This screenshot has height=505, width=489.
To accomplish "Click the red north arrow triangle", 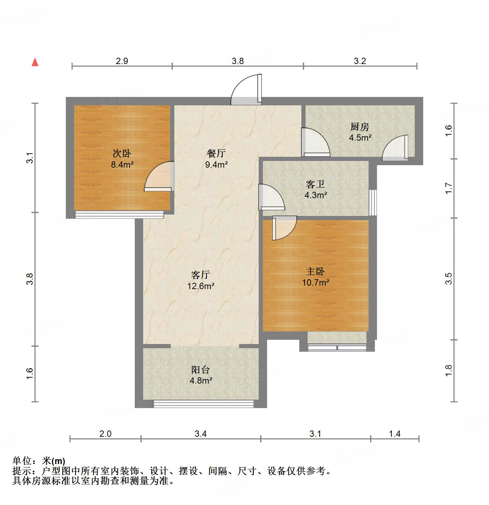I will [35, 62].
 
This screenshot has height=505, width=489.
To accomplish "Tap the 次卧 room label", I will [121, 153].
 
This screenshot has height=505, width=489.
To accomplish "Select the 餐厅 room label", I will [216, 153].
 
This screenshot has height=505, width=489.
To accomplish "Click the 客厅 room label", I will [201, 275].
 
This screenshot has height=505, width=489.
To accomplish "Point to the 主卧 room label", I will [315, 271].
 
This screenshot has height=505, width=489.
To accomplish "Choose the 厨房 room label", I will [360, 127].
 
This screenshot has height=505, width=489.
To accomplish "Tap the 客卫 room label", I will [315, 184].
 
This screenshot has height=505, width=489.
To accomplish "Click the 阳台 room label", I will [201, 370].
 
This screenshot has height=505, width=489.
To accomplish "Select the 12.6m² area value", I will [201, 286].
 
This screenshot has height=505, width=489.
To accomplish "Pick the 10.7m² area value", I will [315, 282].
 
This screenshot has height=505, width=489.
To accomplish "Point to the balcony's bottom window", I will [203, 404].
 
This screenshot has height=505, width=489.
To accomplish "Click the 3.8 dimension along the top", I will [238, 61].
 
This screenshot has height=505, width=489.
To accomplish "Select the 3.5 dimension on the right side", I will [449, 279].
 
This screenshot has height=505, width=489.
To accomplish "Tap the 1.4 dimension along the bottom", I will [394, 434].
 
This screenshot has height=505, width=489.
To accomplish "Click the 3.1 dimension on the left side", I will [30, 158].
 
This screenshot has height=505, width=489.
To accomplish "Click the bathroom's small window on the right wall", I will [373, 203].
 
